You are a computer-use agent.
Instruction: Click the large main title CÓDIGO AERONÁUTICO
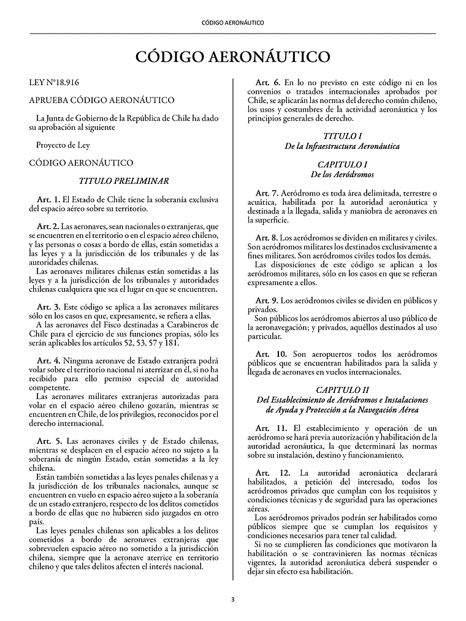pyautogui.click(x=232, y=57)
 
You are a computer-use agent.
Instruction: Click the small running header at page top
pyautogui.click(x=232, y=23)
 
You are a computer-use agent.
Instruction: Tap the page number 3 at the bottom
pyautogui.click(x=232, y=600)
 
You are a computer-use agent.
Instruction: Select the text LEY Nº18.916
pyautogui.click(x=54, y=82)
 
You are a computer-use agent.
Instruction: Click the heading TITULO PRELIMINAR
pyautogui.click(x=124, y=181)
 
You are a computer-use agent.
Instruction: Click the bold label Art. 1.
pyautogui.click(x=48, y=199)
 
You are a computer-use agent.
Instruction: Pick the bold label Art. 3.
pyautogui.click(x=48, y=306)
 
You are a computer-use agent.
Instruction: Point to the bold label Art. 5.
pyautogui.click(x=48, y=441)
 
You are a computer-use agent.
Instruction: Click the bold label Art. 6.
pyautogui.click(x=268, y=82)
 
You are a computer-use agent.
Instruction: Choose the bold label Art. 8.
pyautogui.click(x=267, y=237)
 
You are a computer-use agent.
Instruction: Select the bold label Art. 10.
pyautogui.click(x=270, y=354)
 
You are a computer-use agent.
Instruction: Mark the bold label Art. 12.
pyautogui.click(x=272, y=473)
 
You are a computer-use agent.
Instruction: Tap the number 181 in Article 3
pyautogui.click(x=172, y=343)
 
